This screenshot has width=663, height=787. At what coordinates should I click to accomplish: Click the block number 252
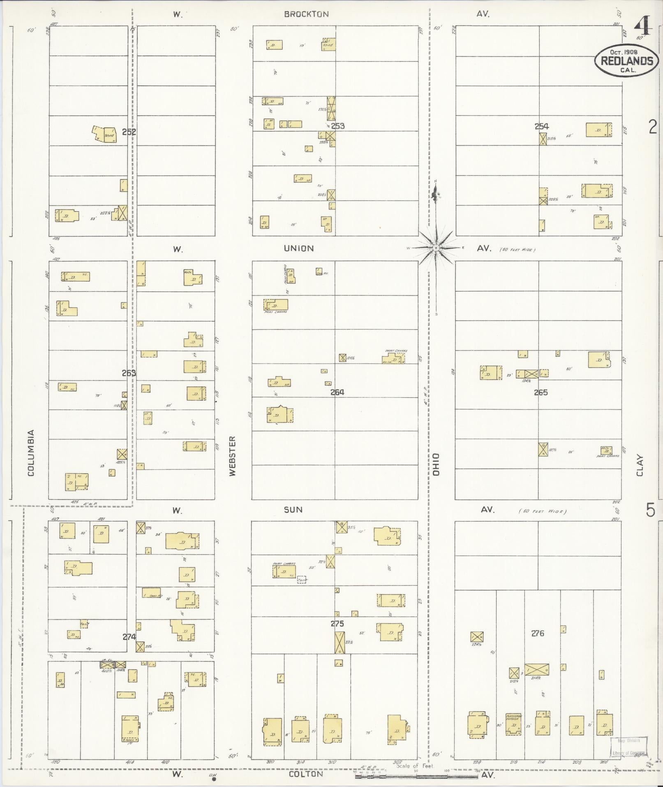click(129, 132)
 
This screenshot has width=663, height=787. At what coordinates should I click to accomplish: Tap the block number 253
click(337, 126)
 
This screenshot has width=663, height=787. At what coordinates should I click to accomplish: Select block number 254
click(541, 126)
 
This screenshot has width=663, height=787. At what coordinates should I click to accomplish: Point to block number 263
click(129, 373)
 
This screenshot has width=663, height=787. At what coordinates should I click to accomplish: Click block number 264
click(337, 392)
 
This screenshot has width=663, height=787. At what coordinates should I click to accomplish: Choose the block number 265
click(541, 392)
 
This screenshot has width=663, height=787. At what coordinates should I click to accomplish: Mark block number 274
click(129, 636)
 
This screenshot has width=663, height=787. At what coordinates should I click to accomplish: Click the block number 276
click(538, 633)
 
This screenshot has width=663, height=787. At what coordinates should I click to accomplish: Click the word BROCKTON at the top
click(307, 14)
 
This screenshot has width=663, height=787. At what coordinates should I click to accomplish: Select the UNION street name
click(299, 248)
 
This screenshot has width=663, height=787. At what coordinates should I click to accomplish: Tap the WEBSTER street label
click(233, 456)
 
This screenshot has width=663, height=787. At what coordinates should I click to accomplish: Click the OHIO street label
click(436, 464)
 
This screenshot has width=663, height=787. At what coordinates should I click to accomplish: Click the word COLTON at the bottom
click(306, 774)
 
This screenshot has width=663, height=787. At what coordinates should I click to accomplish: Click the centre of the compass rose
click(435, 248)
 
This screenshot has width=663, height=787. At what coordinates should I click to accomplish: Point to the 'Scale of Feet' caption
click(415, 766)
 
